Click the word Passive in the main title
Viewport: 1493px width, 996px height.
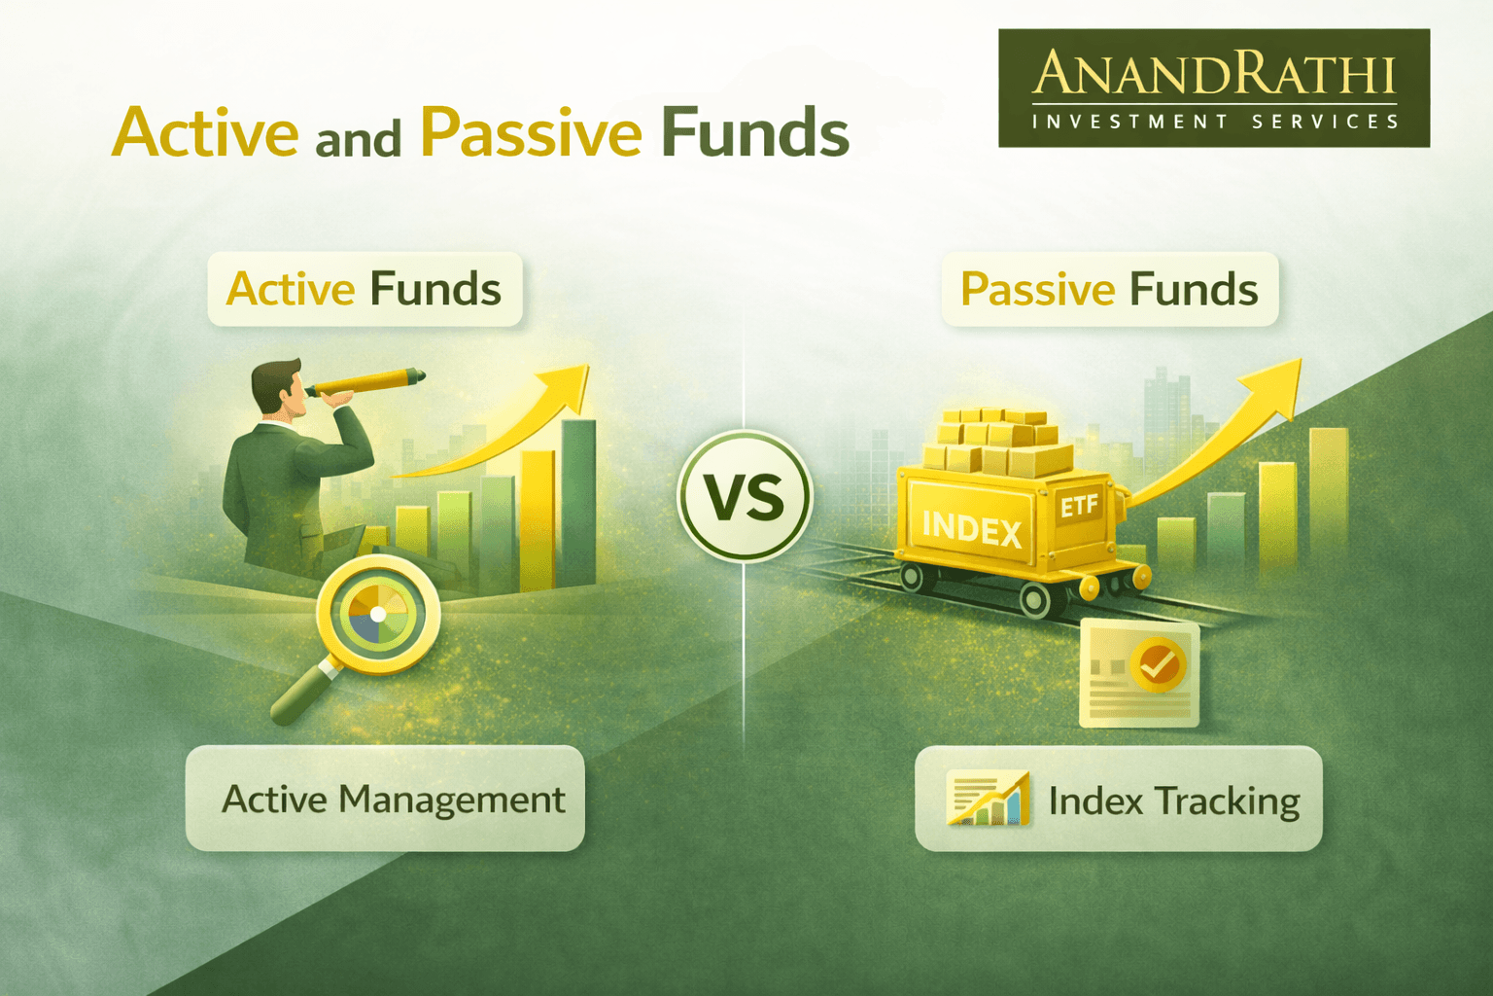click(531, 132)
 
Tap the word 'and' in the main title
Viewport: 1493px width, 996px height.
click(358, 139)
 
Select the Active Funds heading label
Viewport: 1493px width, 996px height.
click(365, 289)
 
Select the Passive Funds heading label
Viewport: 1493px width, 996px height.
click(1109, 289)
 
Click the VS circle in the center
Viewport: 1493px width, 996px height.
click(745, 496)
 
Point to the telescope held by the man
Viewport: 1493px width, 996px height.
click(369, 381)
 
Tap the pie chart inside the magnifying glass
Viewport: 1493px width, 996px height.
click(377, 614)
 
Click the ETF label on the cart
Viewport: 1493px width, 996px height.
click(1079, 506)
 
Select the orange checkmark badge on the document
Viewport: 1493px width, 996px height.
click(1157, 665)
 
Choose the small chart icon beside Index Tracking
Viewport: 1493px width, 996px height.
click(988, 799)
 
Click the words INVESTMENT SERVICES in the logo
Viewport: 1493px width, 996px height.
click(1215, 122)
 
